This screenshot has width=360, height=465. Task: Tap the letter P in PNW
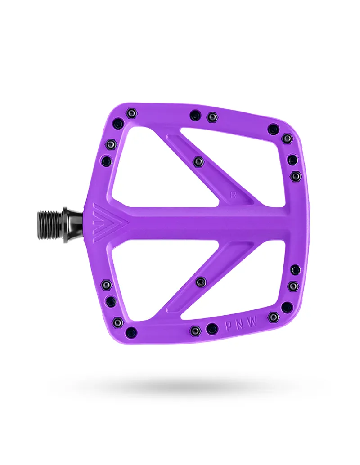227,325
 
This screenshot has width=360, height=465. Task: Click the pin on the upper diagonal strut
198,161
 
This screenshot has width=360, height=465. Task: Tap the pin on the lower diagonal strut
201,282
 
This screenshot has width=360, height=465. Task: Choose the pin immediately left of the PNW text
212,329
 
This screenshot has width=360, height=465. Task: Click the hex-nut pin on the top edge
212,117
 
